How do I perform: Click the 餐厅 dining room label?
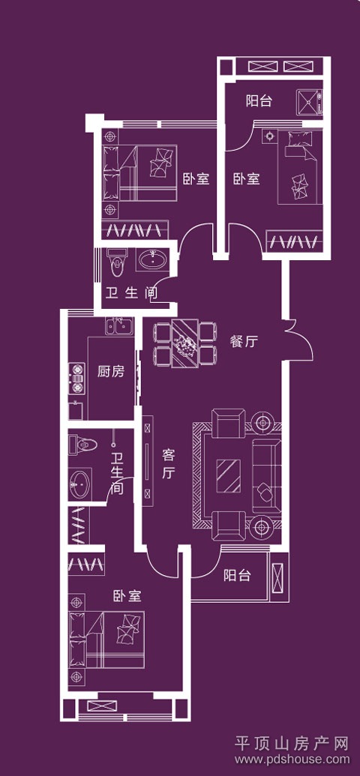[x=244, y=341]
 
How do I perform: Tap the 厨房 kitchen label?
[x=111, y=371]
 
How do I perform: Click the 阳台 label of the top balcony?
[x=259, y=101]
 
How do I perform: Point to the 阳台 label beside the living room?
[x=237, y=576]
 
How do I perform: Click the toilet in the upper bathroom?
[x=117, y=262]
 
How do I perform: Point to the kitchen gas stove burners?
[x=76, y=379]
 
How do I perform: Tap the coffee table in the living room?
[x=229, y=475]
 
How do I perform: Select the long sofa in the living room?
[x=267, y=476]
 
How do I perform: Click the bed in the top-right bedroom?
[x=300, y=166]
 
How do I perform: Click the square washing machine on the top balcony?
[x=310, y=102]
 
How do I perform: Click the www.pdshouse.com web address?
[x=292, y=760]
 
